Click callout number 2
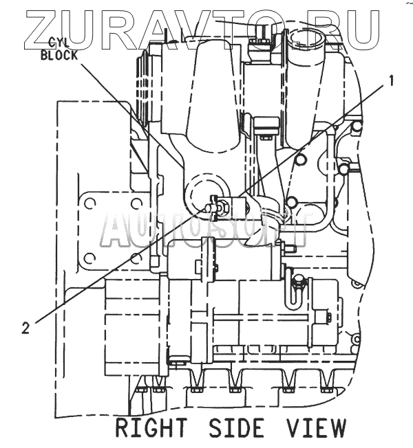tap(25, 328)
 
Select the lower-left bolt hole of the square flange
tap(88, 258)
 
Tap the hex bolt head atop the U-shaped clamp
tap(298, 282)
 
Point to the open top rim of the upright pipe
tap(307, 30)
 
